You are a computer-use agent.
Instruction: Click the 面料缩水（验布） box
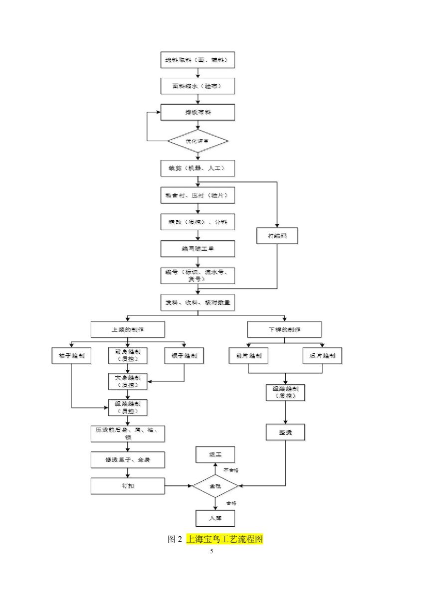coord(198,86)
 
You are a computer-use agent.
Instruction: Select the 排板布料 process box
coord(198,112)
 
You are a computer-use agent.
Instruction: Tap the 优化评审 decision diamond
coord(198,142)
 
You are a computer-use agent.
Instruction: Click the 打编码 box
coord(277,236)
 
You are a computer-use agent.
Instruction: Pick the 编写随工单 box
coord(198,249)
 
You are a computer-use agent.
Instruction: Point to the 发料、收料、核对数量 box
coord(198,302)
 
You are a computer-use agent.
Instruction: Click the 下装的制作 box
coord(284,329)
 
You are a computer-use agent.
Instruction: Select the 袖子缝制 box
coord(71,356)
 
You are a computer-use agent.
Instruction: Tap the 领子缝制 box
coord(184,356)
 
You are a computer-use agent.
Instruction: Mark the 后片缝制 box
coord(322,356)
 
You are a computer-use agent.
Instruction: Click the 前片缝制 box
coord(248,356)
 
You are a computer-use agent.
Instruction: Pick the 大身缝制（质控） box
coord(128,381)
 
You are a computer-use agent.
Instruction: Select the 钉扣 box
coord(128,486)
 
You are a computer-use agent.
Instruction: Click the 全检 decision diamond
coord(215,486)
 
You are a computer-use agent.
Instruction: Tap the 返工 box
coord(215,454)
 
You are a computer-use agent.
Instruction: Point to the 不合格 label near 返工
coord(230,470)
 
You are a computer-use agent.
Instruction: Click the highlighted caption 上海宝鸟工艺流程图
coord(224,539)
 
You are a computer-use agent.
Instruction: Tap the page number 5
coord(211,551)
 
